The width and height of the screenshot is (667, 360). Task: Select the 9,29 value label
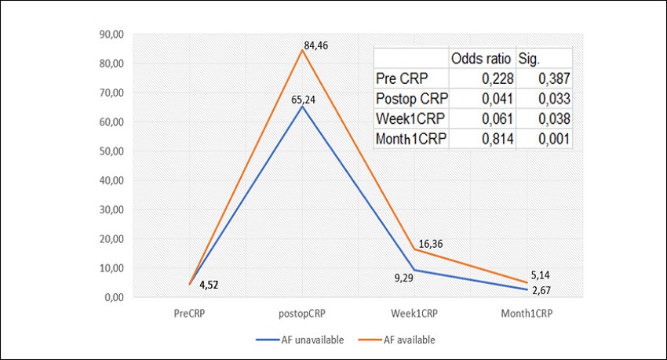coord(403,278)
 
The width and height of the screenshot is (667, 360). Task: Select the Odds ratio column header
coord(481,59)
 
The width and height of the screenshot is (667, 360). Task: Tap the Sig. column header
coord(530,59)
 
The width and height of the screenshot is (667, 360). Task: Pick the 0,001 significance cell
coord(554,140)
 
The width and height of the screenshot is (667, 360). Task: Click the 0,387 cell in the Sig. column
coord(554,79)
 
